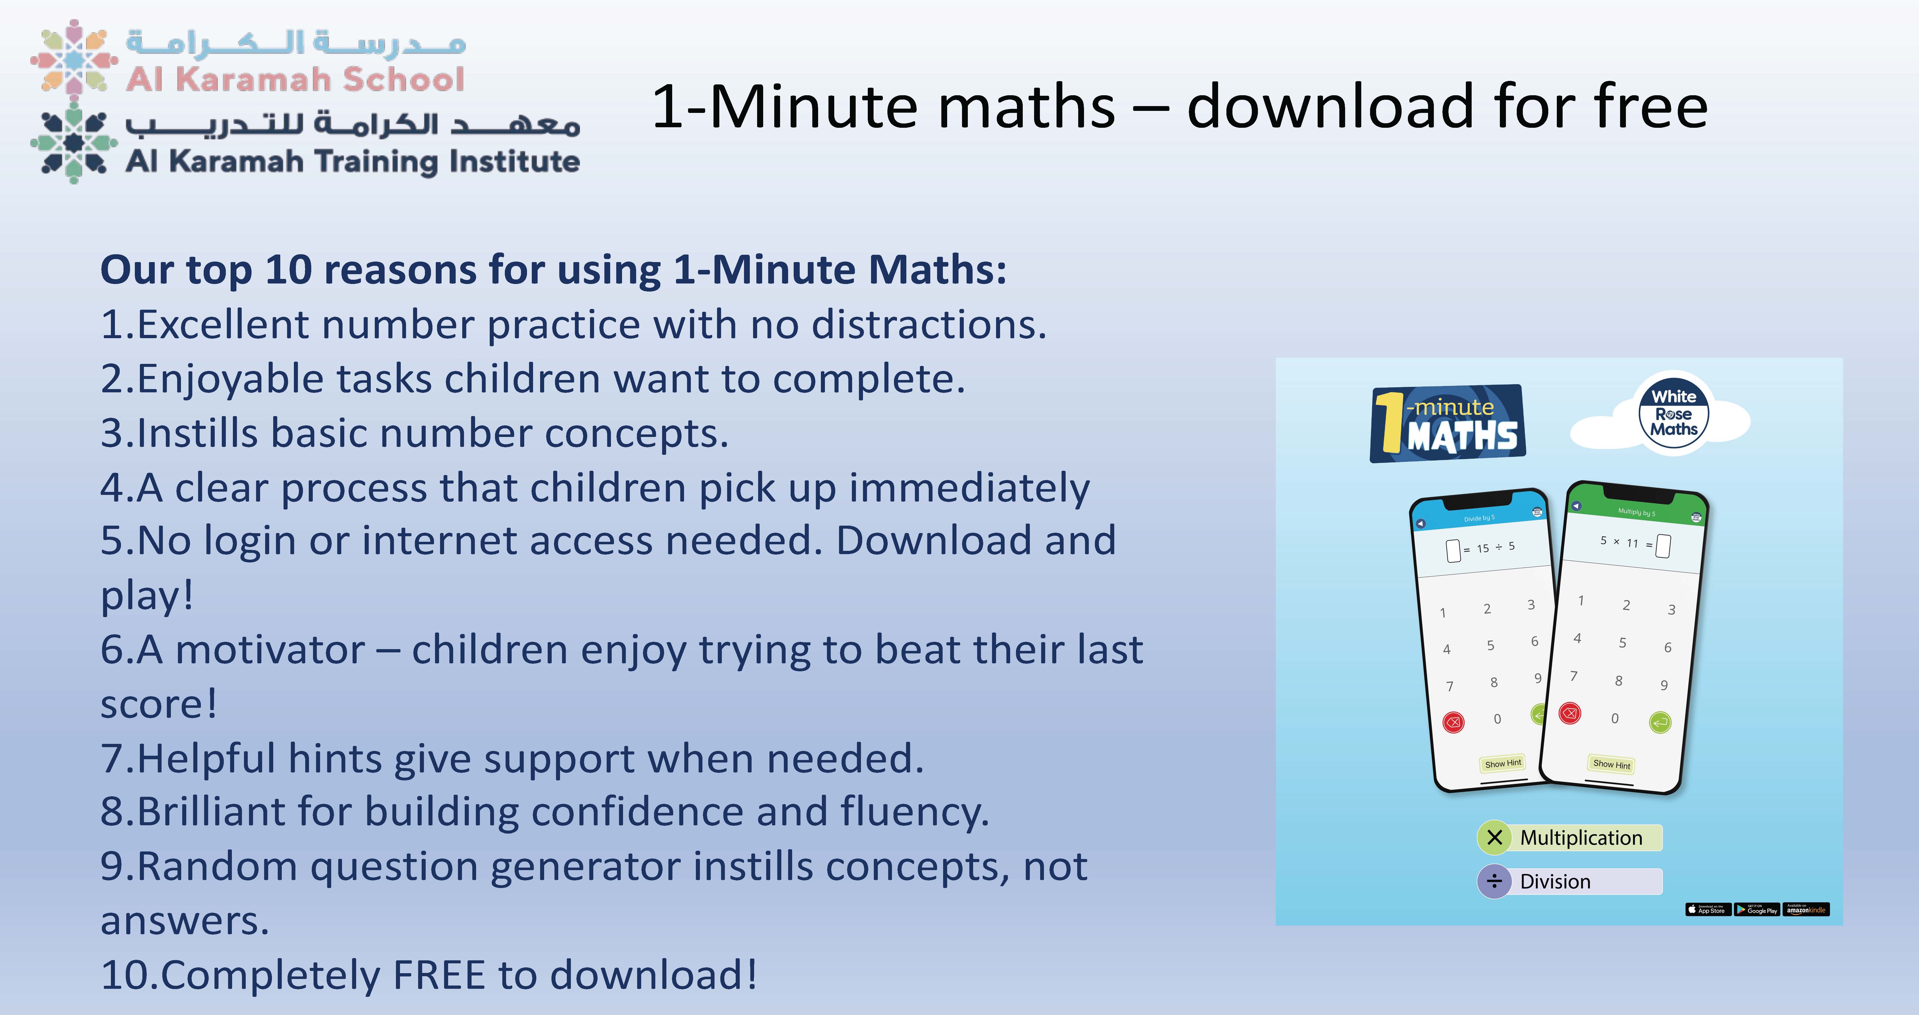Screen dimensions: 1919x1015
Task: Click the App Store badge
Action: pyautogui.click(x=1708, y=909)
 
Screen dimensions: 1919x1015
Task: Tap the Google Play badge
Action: pyautogui.click(x=1757, y=909)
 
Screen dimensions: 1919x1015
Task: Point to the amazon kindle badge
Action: pyautogui.click(x=1807, y=909)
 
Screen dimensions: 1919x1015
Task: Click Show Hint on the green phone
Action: pyautogui.click(x=1611, y=764)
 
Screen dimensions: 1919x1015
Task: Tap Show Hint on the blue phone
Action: pyautogui.click(x=1503, y=763)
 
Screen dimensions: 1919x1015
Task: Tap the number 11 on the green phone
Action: pyautogui.click(x=1632, y=543)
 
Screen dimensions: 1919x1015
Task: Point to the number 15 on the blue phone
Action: pyautogui.click(x=1482, y=548)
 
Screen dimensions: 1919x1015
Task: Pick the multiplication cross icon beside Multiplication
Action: pyautogui.click(x=1494, y=837)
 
